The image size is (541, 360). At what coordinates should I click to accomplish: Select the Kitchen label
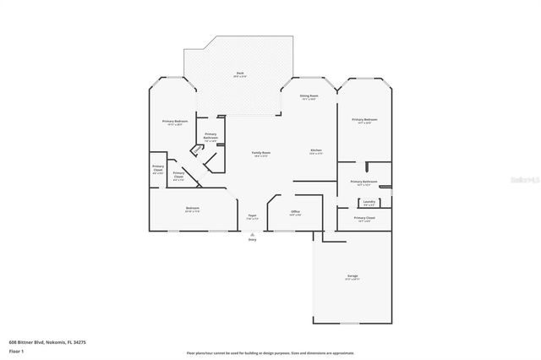(x=315, y=151)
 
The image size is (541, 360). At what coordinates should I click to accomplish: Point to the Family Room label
(x=260, y=154)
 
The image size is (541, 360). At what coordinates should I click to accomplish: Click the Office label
(x=296, y=212)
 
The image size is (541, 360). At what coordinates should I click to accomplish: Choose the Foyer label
(x=252, y=215)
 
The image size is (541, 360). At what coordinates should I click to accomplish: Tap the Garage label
(x=352, y=277)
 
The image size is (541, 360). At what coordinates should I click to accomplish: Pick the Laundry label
(x=369, y=202)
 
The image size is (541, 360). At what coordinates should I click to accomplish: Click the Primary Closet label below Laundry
(x=364, y=218)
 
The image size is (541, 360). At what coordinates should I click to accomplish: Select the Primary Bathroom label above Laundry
(x=363, y=182)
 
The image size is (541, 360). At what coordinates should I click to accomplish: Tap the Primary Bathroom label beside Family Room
(x=210, y=137)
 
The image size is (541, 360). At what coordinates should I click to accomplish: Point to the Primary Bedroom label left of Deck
(x=175, y=123)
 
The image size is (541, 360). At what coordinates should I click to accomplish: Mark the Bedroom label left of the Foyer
(x=193, y=209)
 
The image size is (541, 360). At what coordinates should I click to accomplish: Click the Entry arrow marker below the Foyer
(x=251, y=234)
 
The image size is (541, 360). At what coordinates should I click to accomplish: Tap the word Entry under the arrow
(x=251, y=241)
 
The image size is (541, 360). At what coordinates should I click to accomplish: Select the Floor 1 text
(x=17, y=351)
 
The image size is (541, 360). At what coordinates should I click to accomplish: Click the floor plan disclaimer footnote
(x=270, y=352)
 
